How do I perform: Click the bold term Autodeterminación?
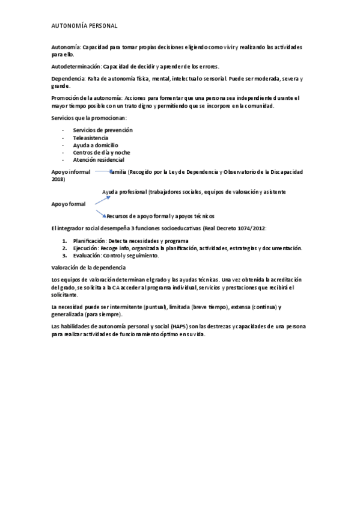pos(75,66)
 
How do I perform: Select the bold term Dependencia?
pos(68,79)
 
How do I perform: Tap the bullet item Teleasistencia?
pos(91,138)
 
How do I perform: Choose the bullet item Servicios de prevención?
pos(102,130)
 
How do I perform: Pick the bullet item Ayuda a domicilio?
pos(95,145)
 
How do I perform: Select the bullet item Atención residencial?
pos(98,160)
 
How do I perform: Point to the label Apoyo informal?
pos(71,172)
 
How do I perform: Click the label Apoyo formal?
pos(69,204)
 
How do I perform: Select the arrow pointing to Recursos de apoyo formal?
pos(100,212)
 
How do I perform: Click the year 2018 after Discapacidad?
pos(58,179)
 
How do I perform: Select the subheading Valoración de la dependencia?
pos(88,267)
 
